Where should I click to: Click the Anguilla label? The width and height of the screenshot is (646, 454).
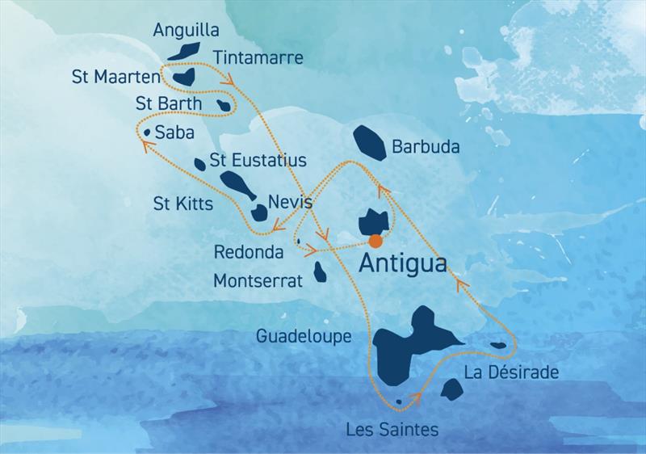pyautogui.click(x=186, y=30)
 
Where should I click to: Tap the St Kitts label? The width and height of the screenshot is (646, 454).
pyautogui.click(x=183, y=204)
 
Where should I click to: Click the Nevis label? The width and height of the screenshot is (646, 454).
pyautogui.click(x=288, y=200)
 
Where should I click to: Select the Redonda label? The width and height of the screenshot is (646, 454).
pyautogui.click(x=249, y=252)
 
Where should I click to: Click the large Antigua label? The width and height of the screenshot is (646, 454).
pyautogui.click(x=401, y=264)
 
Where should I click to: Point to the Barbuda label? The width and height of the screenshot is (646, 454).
pyautogui.click(x=426, y=148)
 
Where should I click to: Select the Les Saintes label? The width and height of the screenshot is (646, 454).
pyautogui.click(x=392, y=429)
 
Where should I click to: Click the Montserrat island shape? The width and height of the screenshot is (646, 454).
pyautogui.click(x=321, y=271)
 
